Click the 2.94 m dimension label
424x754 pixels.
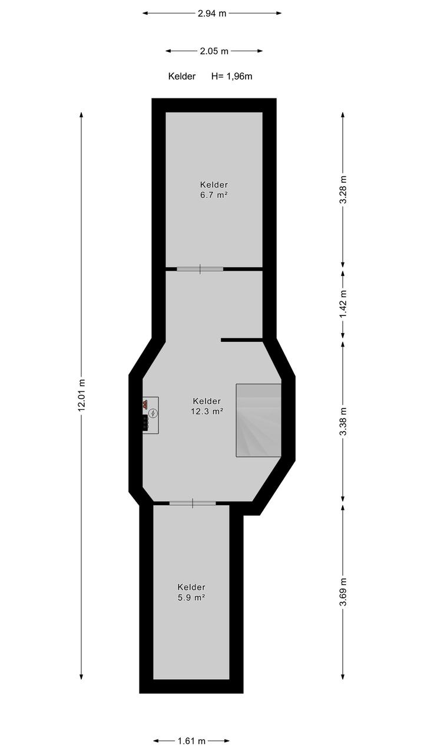[x=212, y=14]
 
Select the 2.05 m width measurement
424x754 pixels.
[x=214, y=51]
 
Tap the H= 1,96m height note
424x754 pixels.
[x=231, y=77]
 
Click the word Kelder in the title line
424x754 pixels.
[x=181, y=77]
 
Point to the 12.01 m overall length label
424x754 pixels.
[x=81, y=395]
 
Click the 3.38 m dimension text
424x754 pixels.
[x=343, y=422]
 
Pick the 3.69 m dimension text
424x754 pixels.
[x=343, y=591]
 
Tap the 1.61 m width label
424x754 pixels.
[x=191, y=740]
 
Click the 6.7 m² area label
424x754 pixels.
[x=214, y=195]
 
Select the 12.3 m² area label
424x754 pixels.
[x=207, y=411]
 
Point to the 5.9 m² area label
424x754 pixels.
[x=191, y=597]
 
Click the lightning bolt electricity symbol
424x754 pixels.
[x=153, y=413]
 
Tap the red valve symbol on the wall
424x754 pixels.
[x=145, y=404]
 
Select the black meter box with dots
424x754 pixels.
[x=145, y=422]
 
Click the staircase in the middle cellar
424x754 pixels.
[x=259, y=420]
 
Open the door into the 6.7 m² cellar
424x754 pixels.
[x=200, y=269]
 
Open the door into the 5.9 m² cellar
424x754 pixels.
[x=193, y=503]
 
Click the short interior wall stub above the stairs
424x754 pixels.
[x=241, y=340]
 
